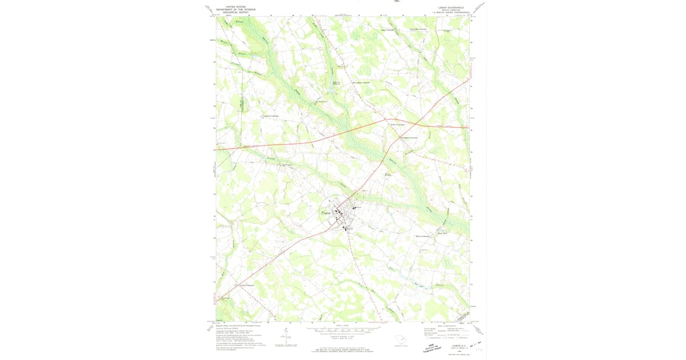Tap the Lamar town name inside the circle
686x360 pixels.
pos(328,214)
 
